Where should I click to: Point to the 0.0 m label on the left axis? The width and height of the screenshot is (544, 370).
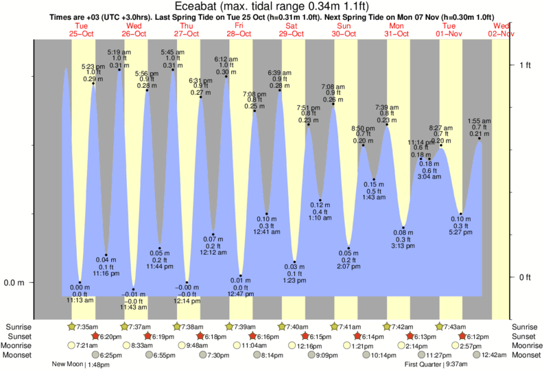[14, 282]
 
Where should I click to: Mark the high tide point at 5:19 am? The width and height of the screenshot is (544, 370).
[119, 69]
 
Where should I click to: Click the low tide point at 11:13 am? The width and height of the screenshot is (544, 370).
[80, 282]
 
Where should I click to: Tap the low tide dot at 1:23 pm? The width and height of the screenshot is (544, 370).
[294, 262]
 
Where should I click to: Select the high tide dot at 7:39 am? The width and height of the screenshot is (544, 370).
[387, 124]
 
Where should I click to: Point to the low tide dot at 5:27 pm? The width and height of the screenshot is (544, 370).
[461, 214]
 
